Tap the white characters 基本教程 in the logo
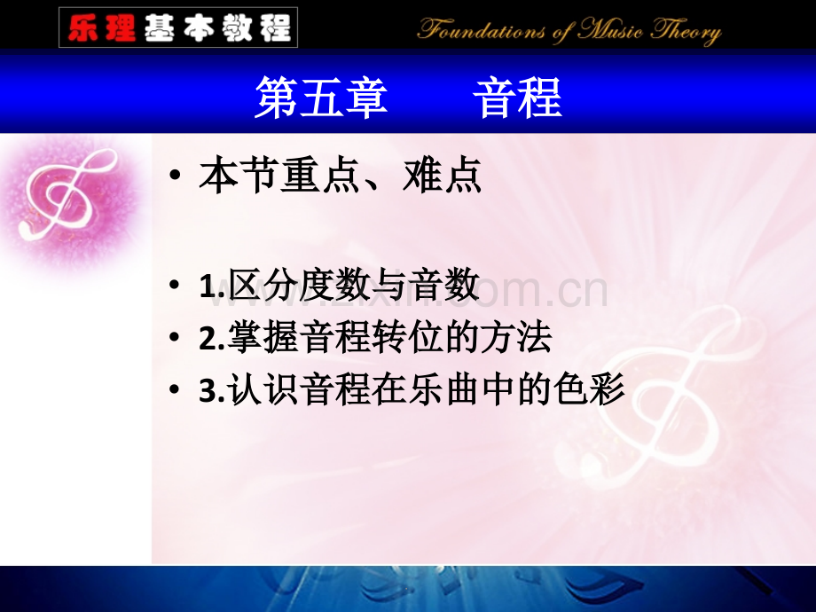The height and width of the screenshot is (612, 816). pos(216,27)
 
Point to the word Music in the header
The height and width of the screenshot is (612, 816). pos(611,32)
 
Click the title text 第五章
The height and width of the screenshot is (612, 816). pos(321,98)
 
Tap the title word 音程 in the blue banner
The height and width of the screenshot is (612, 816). pos(517,98)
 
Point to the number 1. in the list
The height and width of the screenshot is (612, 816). pos(212,288)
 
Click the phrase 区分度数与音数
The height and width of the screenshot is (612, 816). pos(353,287)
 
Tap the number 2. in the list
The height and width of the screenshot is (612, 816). pos(212,341)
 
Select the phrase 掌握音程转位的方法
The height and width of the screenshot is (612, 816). pos(389,339)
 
